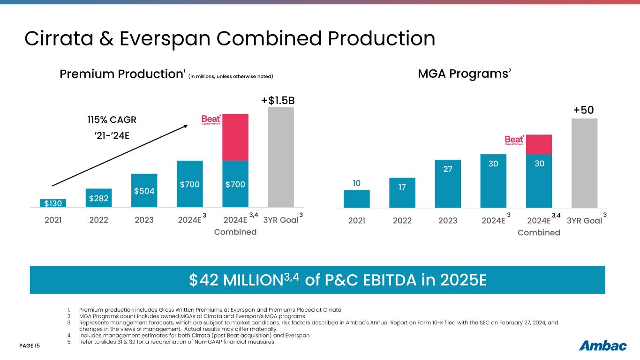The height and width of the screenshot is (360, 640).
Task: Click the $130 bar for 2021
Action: (x=53, y=203)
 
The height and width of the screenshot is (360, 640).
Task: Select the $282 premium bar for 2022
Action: (x=98, y=198)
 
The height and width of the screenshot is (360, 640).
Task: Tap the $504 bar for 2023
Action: (x=144, y=190)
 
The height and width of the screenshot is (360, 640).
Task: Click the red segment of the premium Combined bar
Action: (x=235, y=137)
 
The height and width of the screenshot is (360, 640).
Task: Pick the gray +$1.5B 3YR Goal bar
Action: (x=280, y=157)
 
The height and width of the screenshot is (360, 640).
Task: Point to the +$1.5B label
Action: (x=280, y=101)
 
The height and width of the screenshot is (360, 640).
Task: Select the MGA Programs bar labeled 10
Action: (x=356, y=199)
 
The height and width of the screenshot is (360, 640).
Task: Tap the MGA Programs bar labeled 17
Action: (x=402, y=193)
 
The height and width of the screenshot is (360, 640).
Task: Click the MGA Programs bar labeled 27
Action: (x=447, y=184)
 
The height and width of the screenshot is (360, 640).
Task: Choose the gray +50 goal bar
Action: (x=584, y=163)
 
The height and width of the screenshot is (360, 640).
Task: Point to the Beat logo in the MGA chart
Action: (x=514, y=141)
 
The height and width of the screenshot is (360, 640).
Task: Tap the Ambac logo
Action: (x=603, y=346)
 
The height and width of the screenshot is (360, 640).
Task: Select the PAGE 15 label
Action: (x=30, y=346)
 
